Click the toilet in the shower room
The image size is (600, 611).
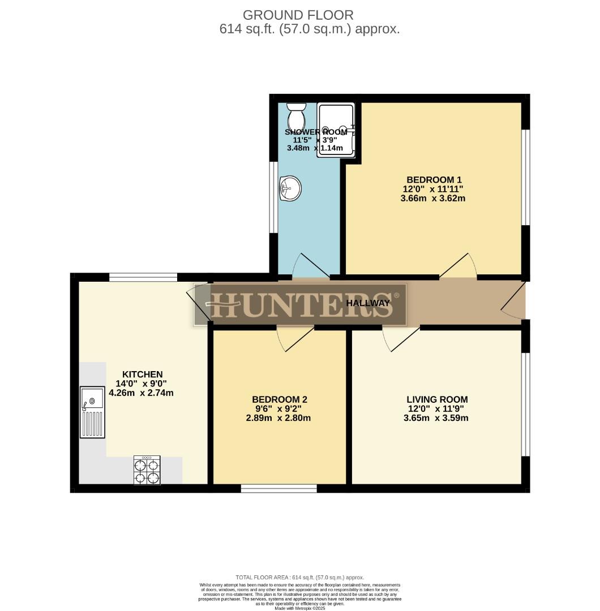(x=295, y=117)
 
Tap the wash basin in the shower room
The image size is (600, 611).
(x=290, y=188)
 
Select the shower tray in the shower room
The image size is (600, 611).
(x=336, y=130)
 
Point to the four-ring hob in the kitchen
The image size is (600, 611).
(x=147, y=470)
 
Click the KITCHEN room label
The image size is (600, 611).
(x=143, y=374)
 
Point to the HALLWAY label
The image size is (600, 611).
(x=368, y=303)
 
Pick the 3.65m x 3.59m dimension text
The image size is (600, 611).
(x=436, y=419)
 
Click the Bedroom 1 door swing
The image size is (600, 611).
(x=460, y=266)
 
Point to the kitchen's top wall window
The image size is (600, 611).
(x=143, y=277)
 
